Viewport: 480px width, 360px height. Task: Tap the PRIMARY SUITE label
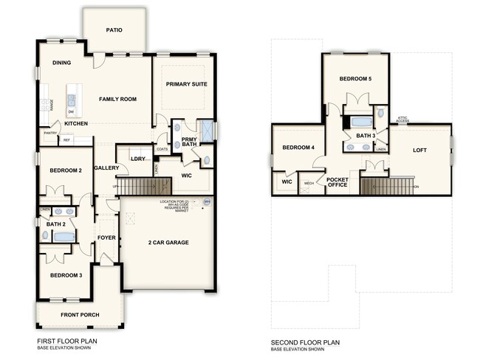tap(186, 85)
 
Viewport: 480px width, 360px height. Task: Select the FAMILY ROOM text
tap(118, 99)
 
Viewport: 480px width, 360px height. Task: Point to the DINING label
tap(61, 63)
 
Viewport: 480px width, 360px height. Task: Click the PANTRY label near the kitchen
tap(50, 134)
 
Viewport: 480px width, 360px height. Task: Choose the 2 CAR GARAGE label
tap(168, 243)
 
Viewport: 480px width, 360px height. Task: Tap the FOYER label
tap(107, 238)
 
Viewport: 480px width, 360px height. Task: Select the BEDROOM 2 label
tap(65, 170)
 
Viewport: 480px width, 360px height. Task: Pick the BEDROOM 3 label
tap(65, 275)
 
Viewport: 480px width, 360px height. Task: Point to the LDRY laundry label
tap(137, 159)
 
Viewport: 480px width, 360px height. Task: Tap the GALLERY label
tap(107, 168)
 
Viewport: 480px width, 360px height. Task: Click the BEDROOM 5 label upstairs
tap(356, 78)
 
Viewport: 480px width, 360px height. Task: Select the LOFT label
tap(419, 150)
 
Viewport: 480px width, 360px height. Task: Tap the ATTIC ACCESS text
tap(402, 119)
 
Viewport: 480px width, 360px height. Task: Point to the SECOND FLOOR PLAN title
tap(305, 342)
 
